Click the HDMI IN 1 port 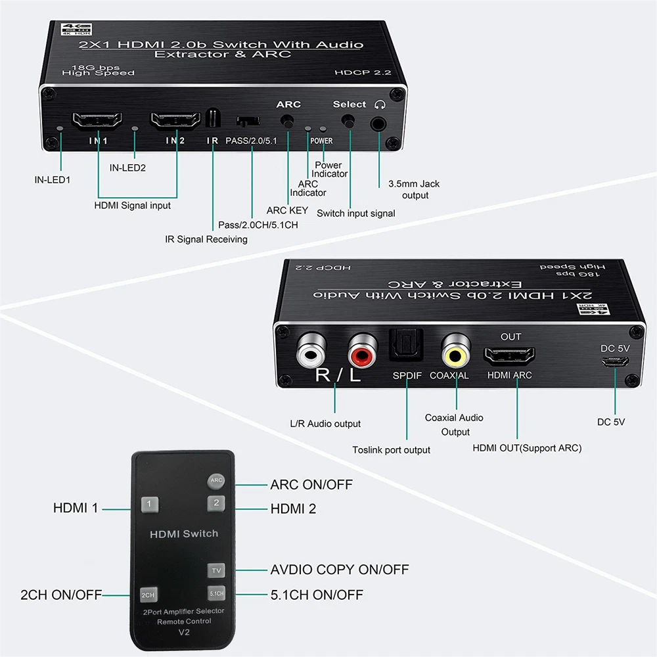[97, 122]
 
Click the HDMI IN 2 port [175, 122]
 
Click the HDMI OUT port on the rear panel [509, 357]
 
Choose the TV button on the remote [215, 570]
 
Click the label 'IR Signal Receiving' [206, 239]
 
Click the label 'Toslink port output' [391, 450]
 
